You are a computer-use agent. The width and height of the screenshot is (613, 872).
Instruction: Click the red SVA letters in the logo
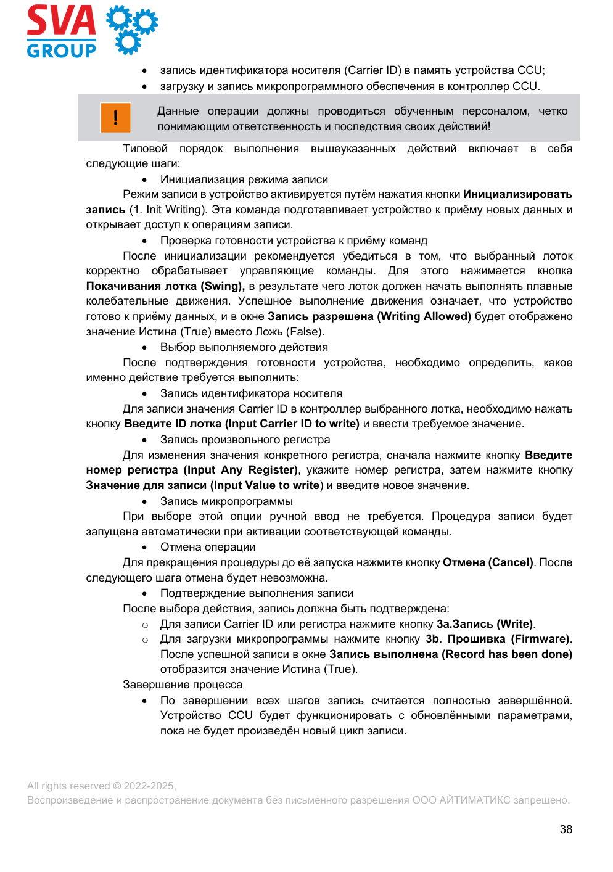61,21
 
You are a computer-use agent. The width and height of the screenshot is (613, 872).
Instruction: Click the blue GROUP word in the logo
61,51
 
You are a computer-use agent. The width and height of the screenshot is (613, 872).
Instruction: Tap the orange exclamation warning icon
115,117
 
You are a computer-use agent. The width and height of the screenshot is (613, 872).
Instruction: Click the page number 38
566,829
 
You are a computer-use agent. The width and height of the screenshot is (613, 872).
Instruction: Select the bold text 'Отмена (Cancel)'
488,562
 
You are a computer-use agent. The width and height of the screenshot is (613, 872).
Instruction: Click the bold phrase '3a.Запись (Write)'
485,624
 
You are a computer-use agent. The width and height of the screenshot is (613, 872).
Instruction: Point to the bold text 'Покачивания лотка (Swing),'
165,286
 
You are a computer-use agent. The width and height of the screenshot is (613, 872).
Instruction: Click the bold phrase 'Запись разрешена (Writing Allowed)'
369,316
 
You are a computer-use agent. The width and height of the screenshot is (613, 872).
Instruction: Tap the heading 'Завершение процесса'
183,685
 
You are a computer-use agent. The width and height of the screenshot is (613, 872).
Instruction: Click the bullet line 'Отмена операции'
208,547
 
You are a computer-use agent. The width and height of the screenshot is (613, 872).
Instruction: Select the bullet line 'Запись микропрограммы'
226,501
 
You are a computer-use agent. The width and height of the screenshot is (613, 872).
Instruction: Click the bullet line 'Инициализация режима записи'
244,179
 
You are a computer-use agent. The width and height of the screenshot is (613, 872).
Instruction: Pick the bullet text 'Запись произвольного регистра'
245,440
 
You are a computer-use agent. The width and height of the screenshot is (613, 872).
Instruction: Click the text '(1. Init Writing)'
167,210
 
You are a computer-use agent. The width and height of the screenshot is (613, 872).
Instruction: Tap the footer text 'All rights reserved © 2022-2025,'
102,786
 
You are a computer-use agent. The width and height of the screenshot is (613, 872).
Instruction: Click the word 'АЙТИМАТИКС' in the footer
475,800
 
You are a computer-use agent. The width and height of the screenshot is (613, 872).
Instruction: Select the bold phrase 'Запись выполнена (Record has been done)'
451,654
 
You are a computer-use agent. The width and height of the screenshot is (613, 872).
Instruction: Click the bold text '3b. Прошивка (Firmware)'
498,639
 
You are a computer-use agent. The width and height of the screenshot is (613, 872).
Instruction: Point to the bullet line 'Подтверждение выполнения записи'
257,593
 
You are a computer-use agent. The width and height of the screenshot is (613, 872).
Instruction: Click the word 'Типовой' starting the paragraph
145,149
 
